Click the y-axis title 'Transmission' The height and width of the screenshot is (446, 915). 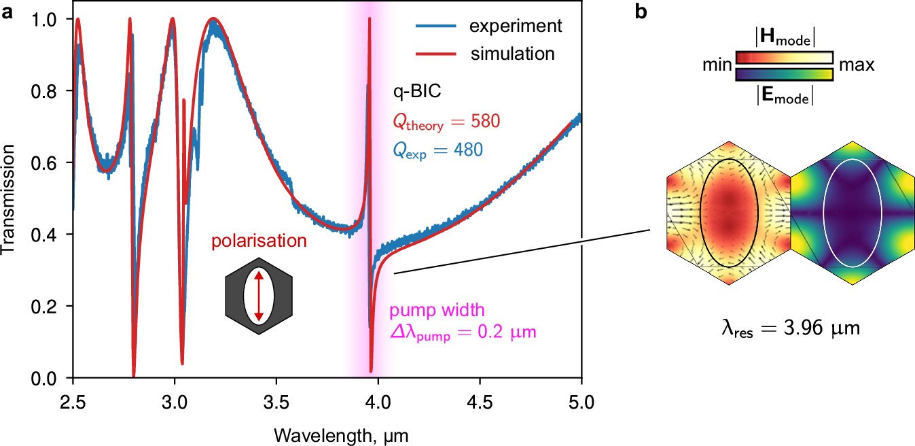[10, 197]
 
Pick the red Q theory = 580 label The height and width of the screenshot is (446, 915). [445, 122]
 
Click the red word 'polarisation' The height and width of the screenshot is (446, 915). [258, 241]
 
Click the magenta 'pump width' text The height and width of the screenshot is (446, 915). [437, 311]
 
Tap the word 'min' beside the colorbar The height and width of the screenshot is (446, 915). [717, 65]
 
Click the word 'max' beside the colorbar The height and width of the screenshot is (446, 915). [855, 65]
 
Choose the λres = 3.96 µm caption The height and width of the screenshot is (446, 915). [790, 329]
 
